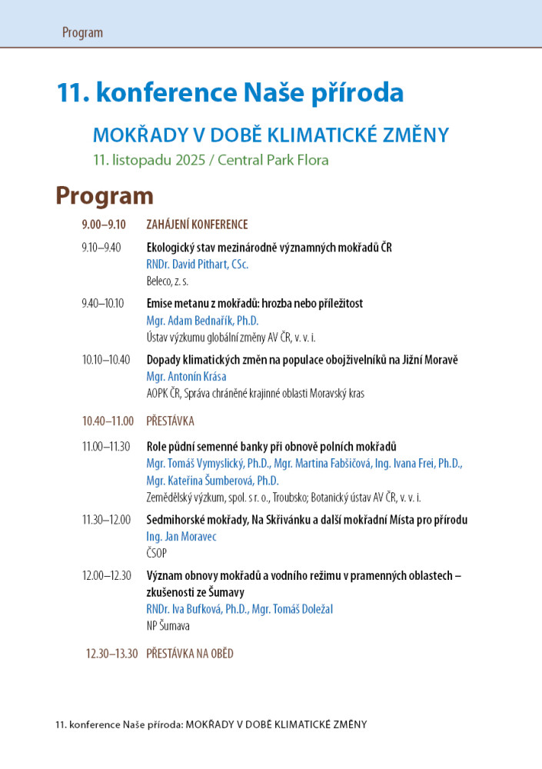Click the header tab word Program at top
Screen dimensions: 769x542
[x=82, y=32]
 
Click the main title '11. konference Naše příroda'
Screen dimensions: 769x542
[x=230, y=93]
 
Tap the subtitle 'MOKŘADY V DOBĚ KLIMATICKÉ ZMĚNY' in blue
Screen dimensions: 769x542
[x=270, y=135]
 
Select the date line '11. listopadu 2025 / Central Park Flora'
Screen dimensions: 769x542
[x=211, y=160]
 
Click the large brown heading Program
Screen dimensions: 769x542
[x=104, y=195]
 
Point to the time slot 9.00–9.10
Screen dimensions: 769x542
[x=104, y=225]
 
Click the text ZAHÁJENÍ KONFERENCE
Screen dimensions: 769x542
[x=197, y=225]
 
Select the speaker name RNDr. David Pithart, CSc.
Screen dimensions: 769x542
[x=198, y=265]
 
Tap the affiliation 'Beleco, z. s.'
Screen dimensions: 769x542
[x=167, y=281]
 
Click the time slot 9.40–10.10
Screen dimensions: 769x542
[x=103, y=303]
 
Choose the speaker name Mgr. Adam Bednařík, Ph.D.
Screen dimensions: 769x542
[x=202, y=321]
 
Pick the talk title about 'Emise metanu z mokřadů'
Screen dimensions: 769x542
[x=254, y=303]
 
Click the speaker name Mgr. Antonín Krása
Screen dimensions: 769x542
[x=186, y=377]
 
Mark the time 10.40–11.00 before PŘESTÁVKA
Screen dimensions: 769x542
[x=108, y=421]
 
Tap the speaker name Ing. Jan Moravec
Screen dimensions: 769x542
[x=181, y=537]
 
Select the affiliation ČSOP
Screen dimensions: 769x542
[x=156, y=553]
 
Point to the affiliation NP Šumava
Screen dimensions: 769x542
[x=168, y=626]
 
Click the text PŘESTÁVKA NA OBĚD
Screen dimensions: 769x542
[x=189, y=654]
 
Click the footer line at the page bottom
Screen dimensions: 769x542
[x=211, y=724]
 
